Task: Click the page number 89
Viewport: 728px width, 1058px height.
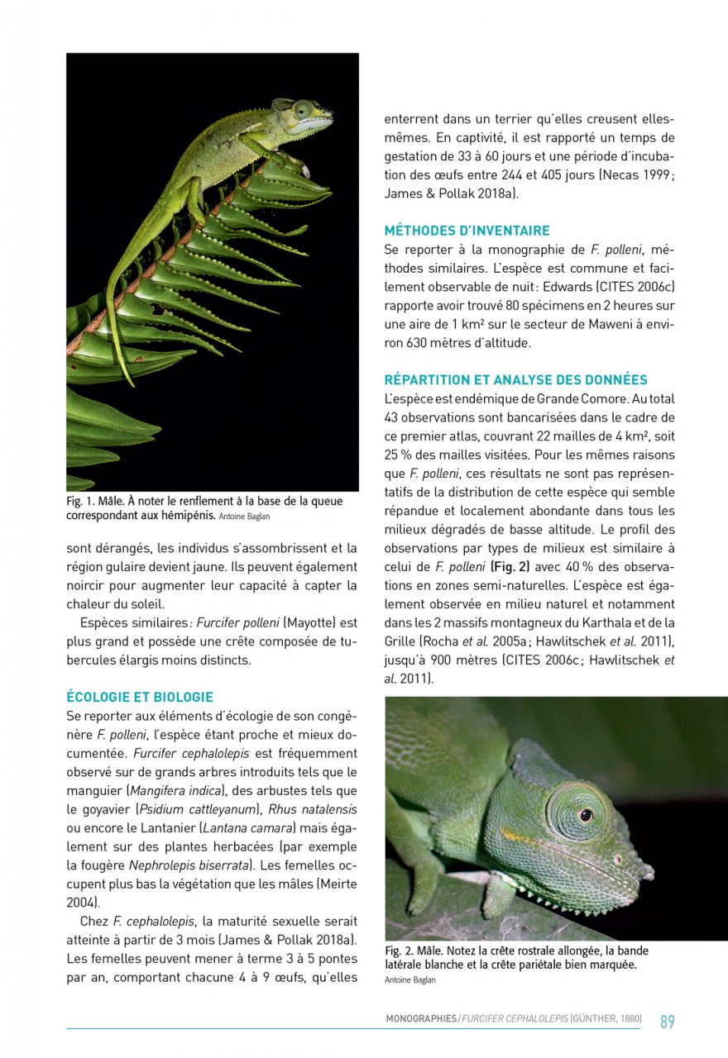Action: click(667, 1022)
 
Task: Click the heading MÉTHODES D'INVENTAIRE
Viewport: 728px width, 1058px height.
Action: click(467, 231)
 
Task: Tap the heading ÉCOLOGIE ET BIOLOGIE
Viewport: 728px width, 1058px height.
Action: click(140, 697)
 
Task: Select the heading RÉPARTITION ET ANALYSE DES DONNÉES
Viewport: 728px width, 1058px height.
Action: click(515, 380)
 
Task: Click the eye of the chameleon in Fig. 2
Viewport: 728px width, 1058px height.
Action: click(585, 815)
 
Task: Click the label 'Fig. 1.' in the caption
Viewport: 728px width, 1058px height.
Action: click(81, 502)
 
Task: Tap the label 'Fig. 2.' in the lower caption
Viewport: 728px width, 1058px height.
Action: click(400, 951)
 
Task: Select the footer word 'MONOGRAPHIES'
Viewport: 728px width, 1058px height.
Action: click(420, 1019)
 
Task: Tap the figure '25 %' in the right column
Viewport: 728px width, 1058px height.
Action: click(400, 455)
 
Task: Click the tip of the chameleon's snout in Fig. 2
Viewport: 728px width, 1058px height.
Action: click(649, 871)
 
